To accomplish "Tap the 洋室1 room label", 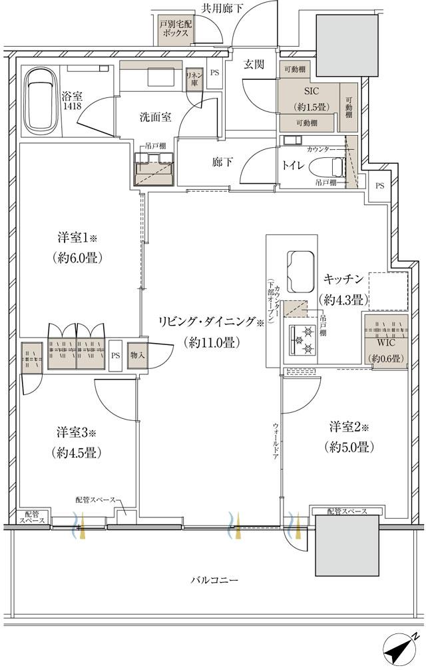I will (x=79, y=237).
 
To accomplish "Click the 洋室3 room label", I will (x=79, y=432).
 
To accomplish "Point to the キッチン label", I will (x=343, y=279).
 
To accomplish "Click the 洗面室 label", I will (x=155, y=117).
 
